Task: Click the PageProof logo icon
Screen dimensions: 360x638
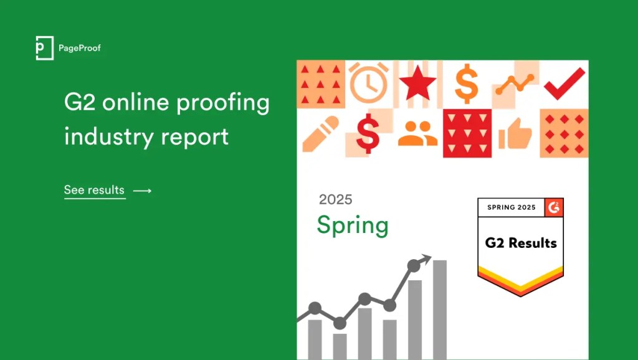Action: coord(44,49)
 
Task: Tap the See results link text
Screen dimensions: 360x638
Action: coord(94,190)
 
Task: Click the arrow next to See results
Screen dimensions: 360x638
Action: coord(143,191)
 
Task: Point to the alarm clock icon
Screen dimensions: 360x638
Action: coord(369,83)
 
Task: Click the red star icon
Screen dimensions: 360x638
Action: coord(417,83)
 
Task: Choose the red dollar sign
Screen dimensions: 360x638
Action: coord(368,133)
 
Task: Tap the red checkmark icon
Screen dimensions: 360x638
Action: coord(564,83)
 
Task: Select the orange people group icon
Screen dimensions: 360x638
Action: coord(417,133)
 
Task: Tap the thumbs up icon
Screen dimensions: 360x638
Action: coord(515,133)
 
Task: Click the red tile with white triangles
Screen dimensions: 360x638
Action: coord(467,133)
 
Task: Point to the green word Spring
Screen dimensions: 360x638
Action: coord(352,225)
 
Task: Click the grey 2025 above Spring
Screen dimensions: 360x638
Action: coord(335,199)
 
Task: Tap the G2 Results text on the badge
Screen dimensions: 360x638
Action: coord(521,243)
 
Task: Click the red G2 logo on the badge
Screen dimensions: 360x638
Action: coord(554,207)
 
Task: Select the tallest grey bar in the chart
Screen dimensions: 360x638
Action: coord(440,309)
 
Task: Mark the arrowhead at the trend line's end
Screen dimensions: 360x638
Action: coord(426,257)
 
